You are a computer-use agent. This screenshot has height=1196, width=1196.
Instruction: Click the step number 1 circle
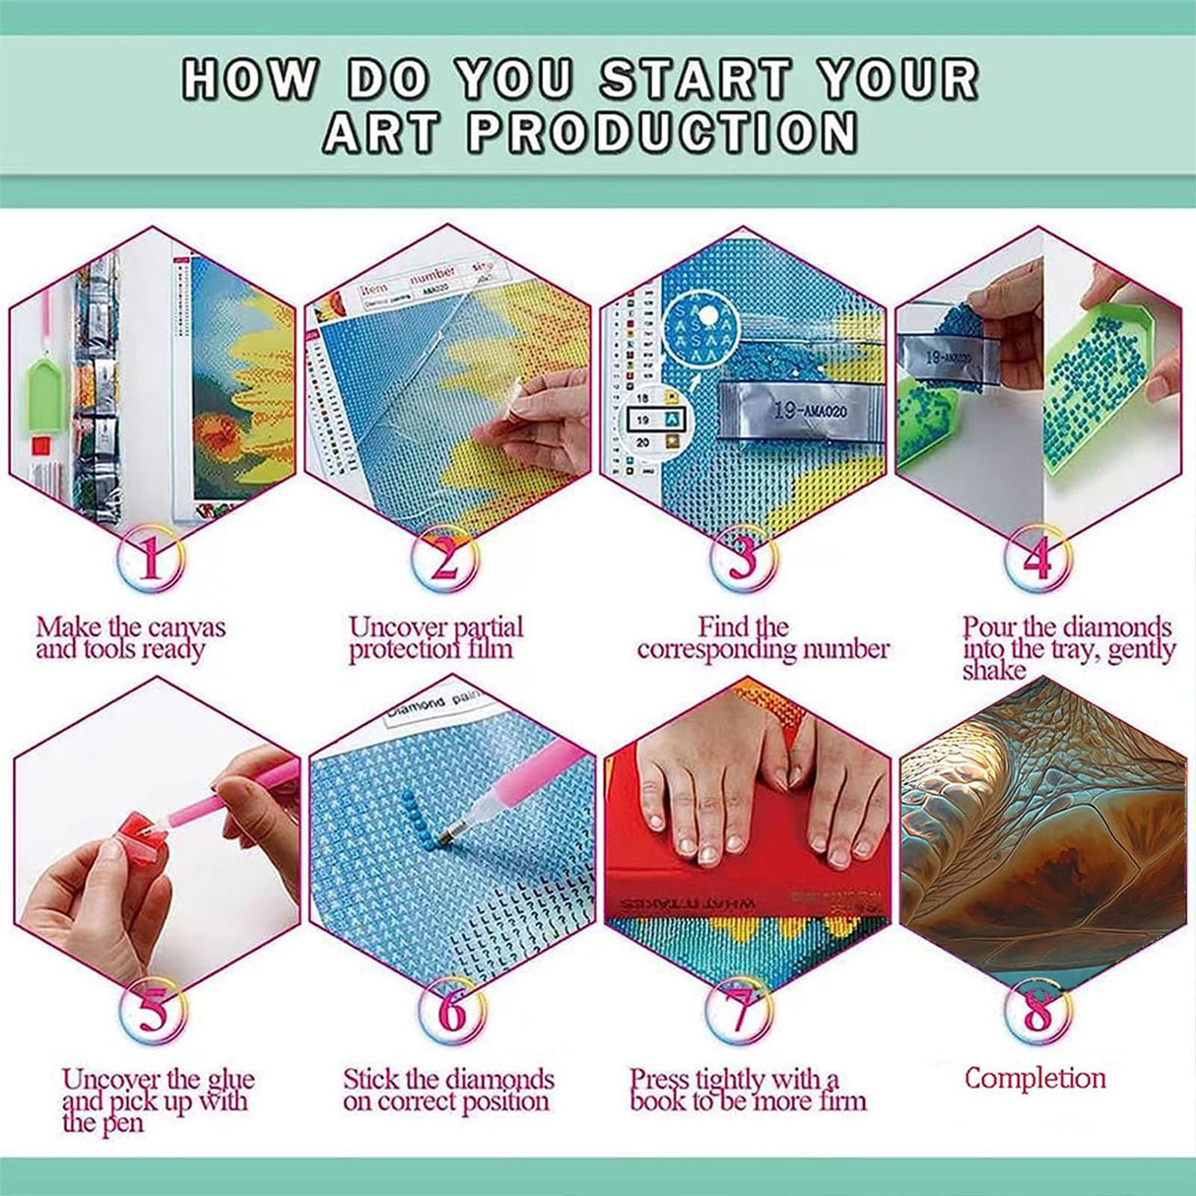click(150, 559)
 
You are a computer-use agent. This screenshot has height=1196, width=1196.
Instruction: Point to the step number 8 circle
click(1037, 1011)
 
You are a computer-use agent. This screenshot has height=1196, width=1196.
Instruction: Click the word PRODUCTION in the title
click(662, 133)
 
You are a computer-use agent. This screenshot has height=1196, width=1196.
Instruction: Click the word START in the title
click(696, 79)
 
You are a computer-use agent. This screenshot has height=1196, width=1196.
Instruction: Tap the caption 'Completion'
click(1034, 1078)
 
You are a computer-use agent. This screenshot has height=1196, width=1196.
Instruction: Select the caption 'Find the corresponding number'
click(763, 638)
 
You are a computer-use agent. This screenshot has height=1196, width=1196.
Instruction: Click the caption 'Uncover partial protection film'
click(435, 638)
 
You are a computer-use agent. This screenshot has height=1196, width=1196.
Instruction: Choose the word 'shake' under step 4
click(994, 671)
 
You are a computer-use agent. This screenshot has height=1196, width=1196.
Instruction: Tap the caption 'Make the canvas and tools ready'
click(130, 638)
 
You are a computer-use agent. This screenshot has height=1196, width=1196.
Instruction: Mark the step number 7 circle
click(741, 1011)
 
